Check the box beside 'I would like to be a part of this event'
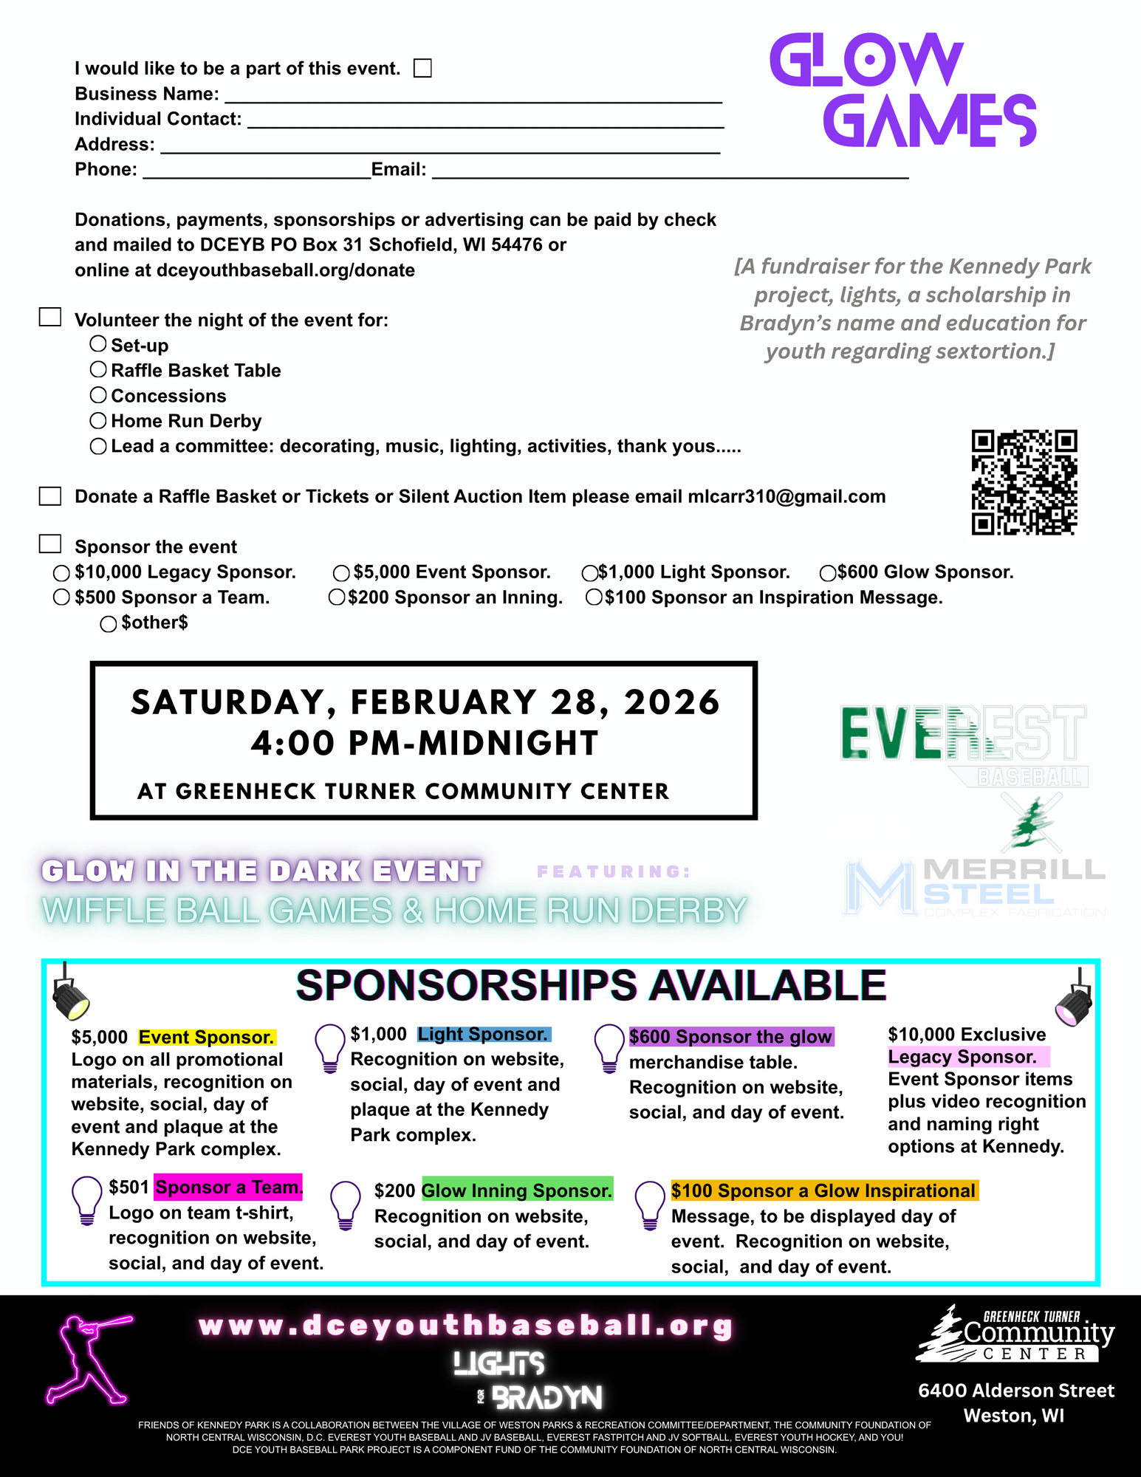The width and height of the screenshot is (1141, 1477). click(x=422, y=68)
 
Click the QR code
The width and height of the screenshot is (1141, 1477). click(x=1024, y=482)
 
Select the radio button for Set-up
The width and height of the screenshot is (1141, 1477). click(x=98, y=343)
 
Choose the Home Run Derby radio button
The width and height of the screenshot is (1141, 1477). click(x=98, y=420)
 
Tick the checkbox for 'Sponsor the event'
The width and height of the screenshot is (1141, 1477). click(x=50, y=544)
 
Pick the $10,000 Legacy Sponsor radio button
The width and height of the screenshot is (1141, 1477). click(x=62, y=573)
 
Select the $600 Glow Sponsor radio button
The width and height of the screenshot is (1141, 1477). click(x=828, y=573)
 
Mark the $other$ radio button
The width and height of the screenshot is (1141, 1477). click(x=109, y=624)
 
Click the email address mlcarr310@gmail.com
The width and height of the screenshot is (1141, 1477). click(x=787, y=496)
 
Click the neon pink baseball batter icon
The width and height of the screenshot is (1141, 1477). click(x=89, y=1359)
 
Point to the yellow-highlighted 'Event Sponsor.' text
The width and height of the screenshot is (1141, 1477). click(x=207, y=1038)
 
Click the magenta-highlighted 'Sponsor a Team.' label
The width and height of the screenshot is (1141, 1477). click(x=228, y=1187)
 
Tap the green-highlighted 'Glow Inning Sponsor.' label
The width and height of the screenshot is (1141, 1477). click(x=517, y=1190)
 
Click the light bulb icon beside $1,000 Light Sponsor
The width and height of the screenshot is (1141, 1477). click(x=330, y=1046)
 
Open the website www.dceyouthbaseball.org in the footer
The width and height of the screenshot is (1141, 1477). click(x=466, y=1326)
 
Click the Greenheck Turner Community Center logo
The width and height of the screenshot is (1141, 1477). click(x=1015, y=1335)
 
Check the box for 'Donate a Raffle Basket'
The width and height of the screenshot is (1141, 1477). click(x=50, y=496)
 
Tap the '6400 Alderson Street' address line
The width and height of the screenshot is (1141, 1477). click(x=1016, y=1391)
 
